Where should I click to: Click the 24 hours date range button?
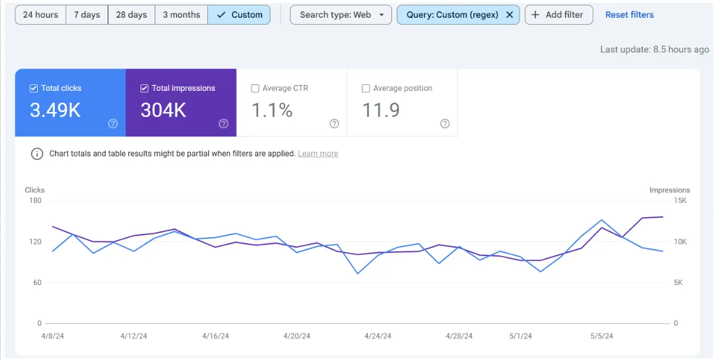tap(40, 15)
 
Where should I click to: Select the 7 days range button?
tap(87, 15)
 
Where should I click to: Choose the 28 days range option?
tap(132, 15)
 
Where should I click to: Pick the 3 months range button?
tap(181, 15)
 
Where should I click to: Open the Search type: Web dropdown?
tap(341, 15)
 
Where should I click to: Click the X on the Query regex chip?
tap(510, 15)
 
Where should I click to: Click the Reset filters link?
tap(629, 15)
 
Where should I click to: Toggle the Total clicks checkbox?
tap(34, 89)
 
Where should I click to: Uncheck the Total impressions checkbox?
tap(144, 89)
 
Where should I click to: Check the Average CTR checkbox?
tap(255, 89)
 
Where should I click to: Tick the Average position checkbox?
tap(365, 89)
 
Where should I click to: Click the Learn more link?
tap(318, 153)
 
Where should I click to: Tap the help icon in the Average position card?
tap(445, 123)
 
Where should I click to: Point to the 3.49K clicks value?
tap(55, 110)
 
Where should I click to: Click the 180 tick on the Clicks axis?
tap(35, 201)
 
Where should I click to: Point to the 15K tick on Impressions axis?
tap(680, 201)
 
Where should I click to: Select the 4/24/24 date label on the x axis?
tap(377, 336)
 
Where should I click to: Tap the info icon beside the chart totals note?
tap(37, 153)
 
